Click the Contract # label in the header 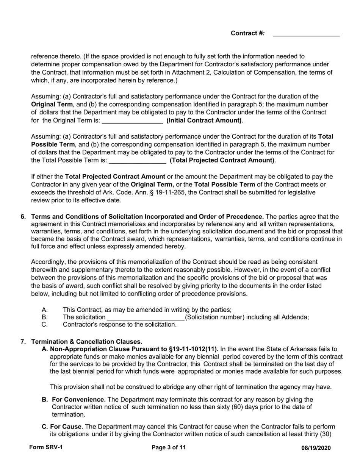[247, 33]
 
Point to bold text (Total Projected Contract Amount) [222, 160]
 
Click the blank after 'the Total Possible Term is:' [137, 161]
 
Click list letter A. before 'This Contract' [45, 310]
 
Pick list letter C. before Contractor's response [45, 325]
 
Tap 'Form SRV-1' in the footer [46, 447]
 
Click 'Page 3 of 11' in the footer [169, 447]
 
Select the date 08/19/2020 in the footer [316, 448]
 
